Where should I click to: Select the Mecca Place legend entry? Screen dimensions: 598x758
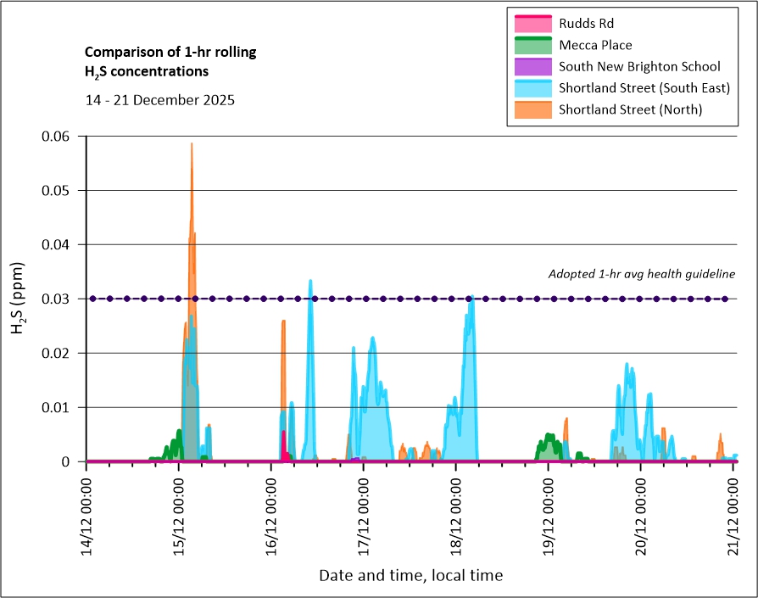click(595, 45)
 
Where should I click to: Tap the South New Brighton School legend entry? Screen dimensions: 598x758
click(639, 66)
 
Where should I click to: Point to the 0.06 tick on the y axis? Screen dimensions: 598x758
click(59, 136)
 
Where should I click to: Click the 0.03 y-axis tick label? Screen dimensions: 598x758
click(59, 299)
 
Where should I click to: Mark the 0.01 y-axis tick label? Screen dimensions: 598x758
click(59, 407)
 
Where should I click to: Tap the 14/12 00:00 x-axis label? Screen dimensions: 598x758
click(87, 517)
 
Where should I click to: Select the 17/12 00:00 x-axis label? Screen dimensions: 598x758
click(365, 517)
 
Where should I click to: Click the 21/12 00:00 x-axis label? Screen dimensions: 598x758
click(734, 517)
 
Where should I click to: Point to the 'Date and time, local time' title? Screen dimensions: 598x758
click(410, 575)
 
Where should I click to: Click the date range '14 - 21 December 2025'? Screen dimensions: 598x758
click(160, 99)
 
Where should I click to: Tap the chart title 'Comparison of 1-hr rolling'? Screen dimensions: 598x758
click(170, 53)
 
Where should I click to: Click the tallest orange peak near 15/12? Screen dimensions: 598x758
click(192, 146)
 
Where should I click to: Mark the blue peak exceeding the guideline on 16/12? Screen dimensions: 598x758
click(310, 282)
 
